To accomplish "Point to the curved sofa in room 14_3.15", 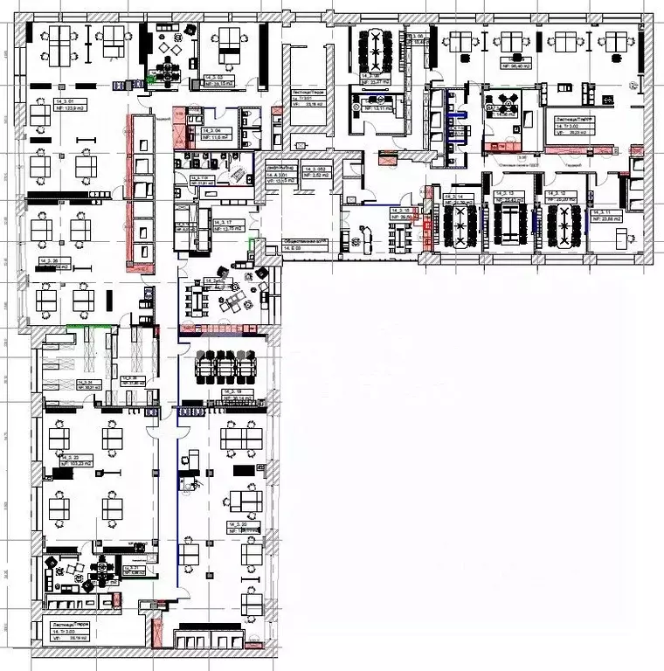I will tap(361, 232).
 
